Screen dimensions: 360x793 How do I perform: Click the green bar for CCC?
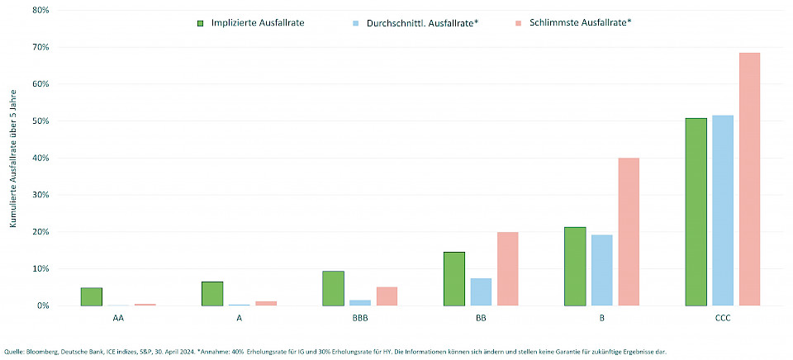[x=696, y=212]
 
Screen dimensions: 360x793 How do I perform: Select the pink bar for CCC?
[x=749, y=179]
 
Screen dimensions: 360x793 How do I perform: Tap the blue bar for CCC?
[x=723, y=211]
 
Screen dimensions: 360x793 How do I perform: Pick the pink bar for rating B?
[x=628, y=232]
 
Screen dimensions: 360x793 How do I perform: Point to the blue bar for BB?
[x=481, y=291]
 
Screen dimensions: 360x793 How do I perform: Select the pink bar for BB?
[x=507, y=268]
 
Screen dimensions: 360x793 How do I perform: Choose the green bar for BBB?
[x=334, y=288]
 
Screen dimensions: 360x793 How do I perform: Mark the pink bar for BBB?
[x=387, y=296]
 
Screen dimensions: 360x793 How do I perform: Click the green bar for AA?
[x=91, y=296]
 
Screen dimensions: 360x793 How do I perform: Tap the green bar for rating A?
[x=212, y=293]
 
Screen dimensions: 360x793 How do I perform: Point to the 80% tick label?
[x=40, y=11]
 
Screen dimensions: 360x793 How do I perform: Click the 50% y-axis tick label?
[x=40, y=121]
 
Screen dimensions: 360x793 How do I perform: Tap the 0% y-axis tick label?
[x=42, y=306]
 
